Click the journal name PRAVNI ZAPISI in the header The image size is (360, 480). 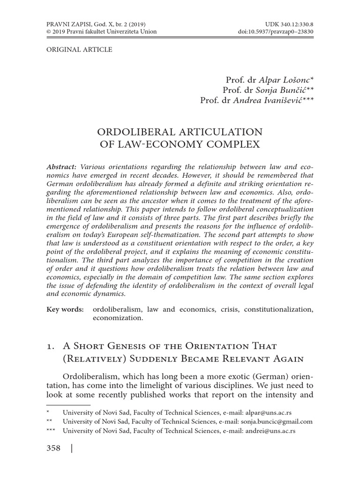[x=66, y=23]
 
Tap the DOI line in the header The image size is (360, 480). [x=276, y=31]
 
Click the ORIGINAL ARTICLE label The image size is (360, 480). [x=79, y=49]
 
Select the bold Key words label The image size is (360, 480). [x=65, y=309]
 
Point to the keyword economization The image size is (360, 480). [x=117, y=318]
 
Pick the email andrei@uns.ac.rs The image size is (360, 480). [x=268, y=430]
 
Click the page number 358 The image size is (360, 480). [x=53, y=449]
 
